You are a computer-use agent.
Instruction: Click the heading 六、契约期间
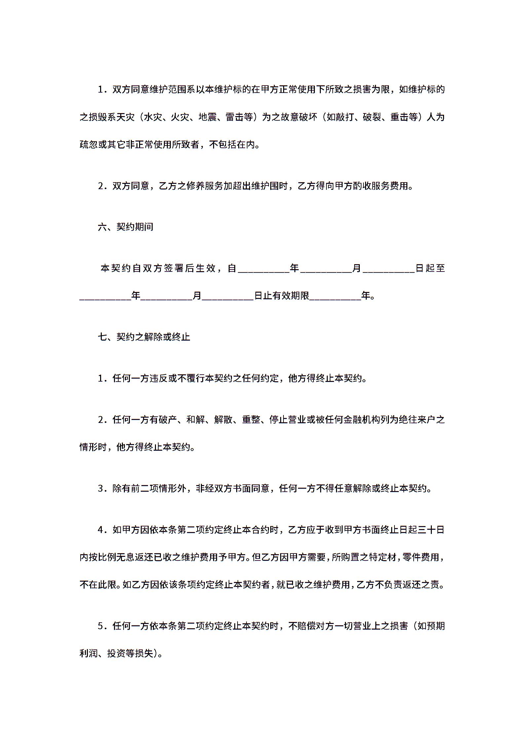[126, 227]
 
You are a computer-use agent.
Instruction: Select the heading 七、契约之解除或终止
[144, 337]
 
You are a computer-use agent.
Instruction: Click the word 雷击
[235, 117]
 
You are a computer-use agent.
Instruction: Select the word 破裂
[372, 117]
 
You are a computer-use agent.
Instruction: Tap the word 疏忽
[89, 144]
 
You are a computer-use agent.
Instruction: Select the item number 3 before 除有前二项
[100, 488]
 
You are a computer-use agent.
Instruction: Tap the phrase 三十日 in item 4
[431, 530]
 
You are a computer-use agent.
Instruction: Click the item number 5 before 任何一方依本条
[100, 626]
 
